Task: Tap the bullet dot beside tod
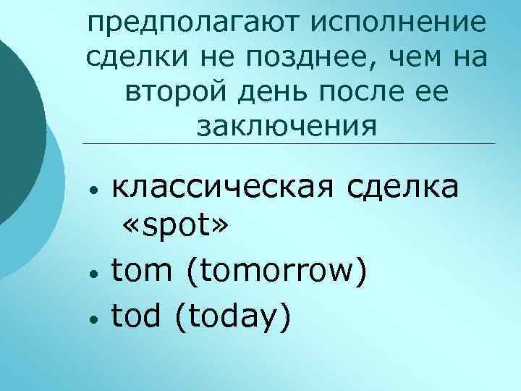(93, 319)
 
